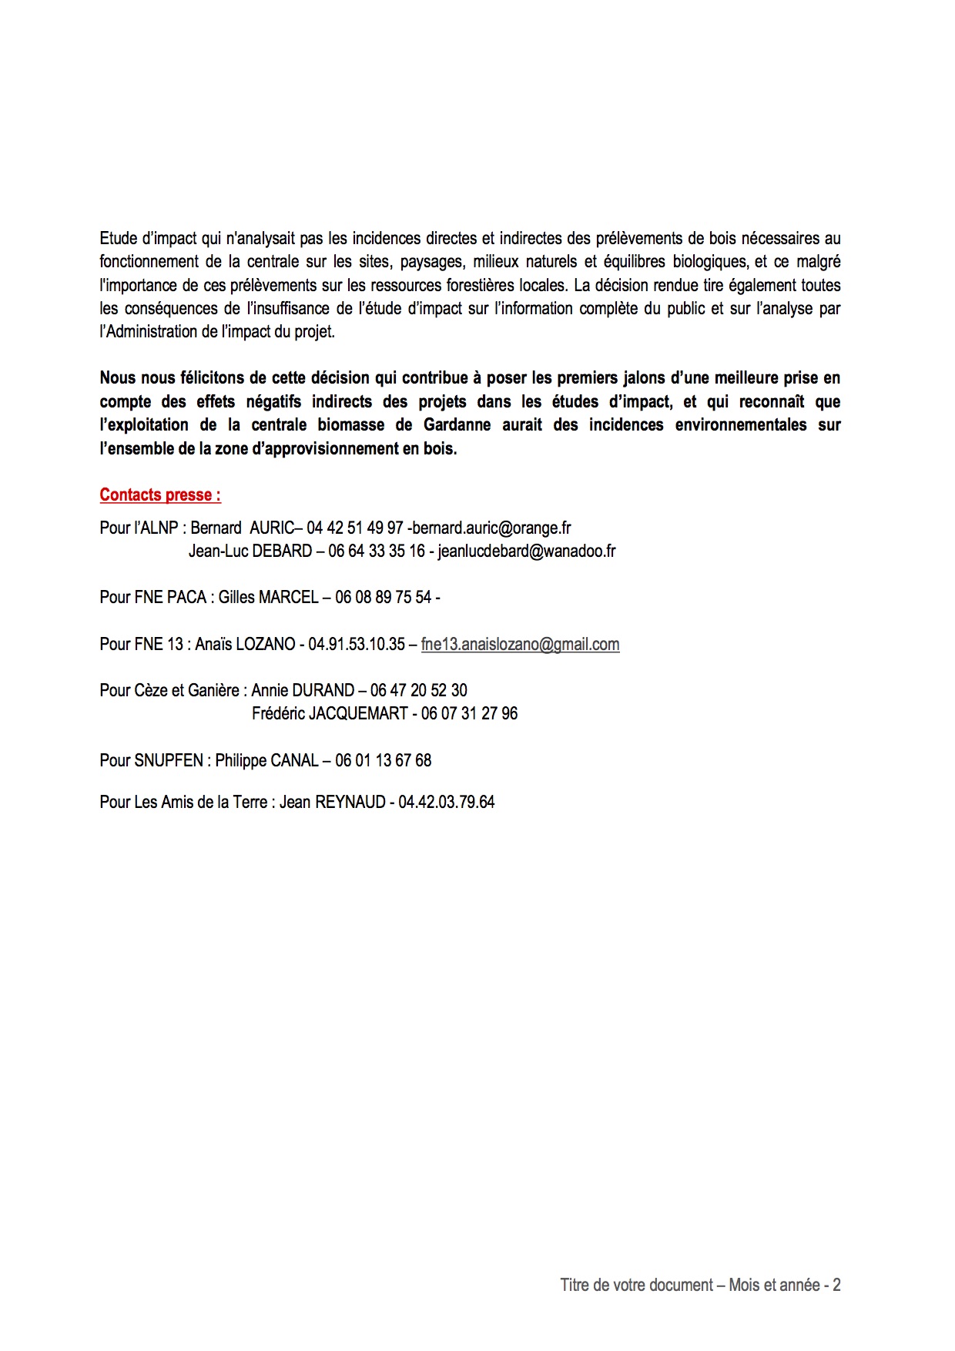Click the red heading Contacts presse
click(x=160, y=495)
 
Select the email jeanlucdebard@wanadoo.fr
click(x=527, y=551)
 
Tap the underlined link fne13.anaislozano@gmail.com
click(x=520, y=644)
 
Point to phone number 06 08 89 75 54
click(x=383, y=597)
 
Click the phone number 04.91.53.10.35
click(x=357, y=644)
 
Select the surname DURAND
click(x=323, y=690)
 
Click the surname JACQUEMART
click(x=358, y=713)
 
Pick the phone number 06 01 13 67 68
click(x=383, y=760)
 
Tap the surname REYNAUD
click(x=350, y=802)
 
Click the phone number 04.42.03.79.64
click(x=446, y=802)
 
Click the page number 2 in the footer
click(x=836, y=1285)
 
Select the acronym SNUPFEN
click(x=169, y=760)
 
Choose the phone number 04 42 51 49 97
click(x=355, y=528)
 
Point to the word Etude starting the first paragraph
click(x=118, y=239)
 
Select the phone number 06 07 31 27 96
click(x=469, y=713)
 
